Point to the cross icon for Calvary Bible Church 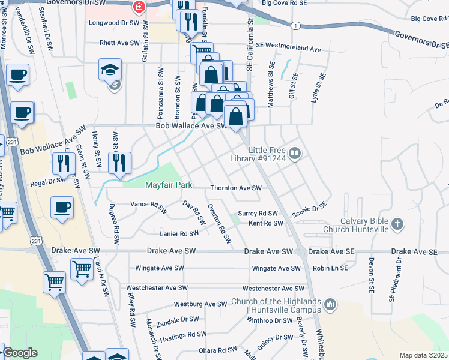click(x=397, y=224)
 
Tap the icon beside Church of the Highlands click(x=330, y=306)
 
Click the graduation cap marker click(x=110, y=70)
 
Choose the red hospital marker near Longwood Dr click(x=139, y=7)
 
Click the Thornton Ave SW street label click(x=236, y=188)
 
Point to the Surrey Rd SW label click(x=258, y=213)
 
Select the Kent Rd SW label click(x=265, y=223)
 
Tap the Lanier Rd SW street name click(x=179, y=233)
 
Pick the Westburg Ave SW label click(x=199, y=304)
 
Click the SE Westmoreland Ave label click(x=288, y=46)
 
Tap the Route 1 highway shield click(x=295, y=25)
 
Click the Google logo click(x=20, y=353)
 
